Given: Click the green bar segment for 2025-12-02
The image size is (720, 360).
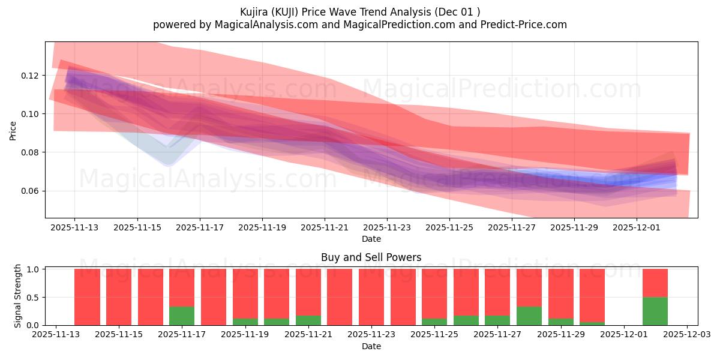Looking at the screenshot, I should tap(655, 311).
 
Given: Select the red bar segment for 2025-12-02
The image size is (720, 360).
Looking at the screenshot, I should tap(655, 283).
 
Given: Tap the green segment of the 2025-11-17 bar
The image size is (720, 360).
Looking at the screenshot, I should tap(182, 316).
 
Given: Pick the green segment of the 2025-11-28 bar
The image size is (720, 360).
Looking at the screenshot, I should tap(529, 316).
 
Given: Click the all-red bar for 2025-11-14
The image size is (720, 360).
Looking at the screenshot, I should tap(87, 297).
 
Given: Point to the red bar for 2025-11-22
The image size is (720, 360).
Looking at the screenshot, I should tap(340, 297).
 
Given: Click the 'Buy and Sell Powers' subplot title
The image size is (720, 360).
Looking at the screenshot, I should tap(371, 257).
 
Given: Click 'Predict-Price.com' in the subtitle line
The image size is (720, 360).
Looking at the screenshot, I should tap(521, 25).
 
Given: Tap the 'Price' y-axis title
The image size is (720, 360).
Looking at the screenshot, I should tap(13, 130).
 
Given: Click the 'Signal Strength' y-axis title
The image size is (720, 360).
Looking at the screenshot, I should tap(18, 296).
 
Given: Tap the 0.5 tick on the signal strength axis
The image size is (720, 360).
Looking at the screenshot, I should tap(34, 297).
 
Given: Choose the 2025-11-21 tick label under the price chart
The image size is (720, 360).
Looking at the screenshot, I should tap(325, 228).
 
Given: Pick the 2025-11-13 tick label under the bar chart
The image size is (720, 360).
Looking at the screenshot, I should tap(56, 335).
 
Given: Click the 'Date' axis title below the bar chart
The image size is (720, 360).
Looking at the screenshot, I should tap(371, 346).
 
